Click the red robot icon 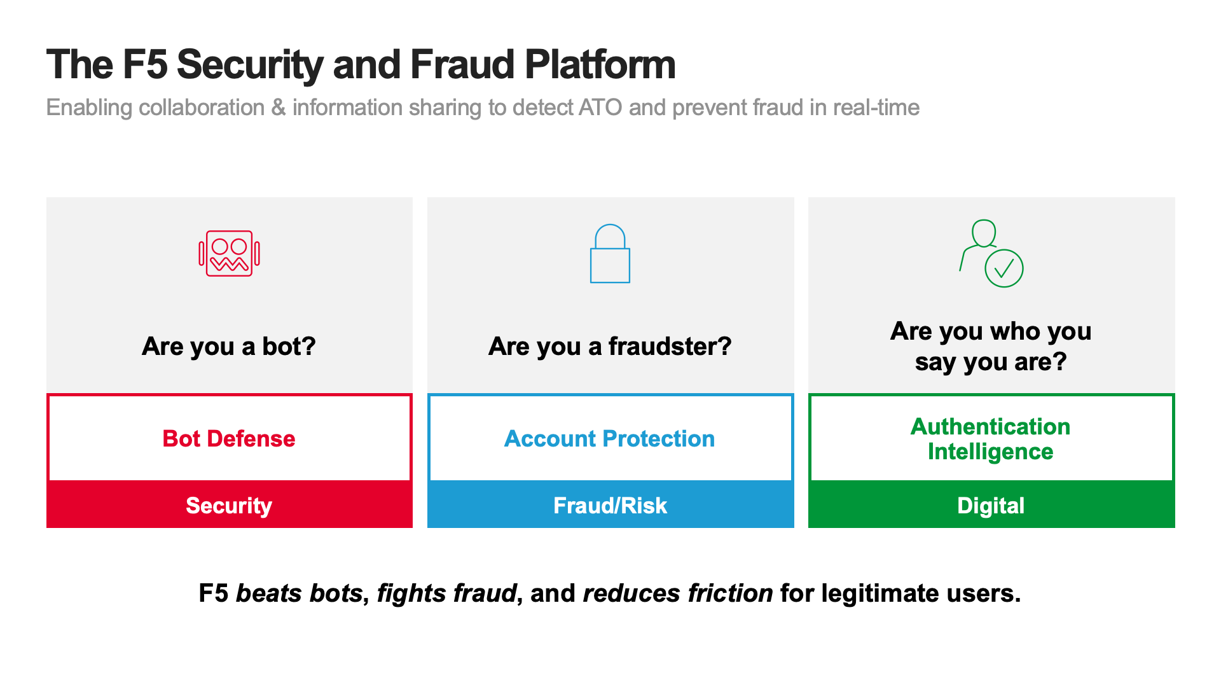point(229,253)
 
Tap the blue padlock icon point(610,253)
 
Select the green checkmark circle point(1004,268)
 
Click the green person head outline point(984,233)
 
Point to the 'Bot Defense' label point(229,438)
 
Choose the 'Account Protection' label point(610,438)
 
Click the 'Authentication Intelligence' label point(991,438)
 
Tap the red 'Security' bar point(230,504)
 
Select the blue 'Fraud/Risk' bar point(610,504)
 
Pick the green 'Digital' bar point(991,504)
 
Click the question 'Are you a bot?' point(229,347)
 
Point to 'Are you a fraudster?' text point(610,347)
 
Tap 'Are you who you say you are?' point(991,347)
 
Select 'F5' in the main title point(145,65)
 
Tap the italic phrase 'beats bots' point(300,593)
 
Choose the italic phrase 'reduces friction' point(678,593)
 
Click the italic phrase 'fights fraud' point(447,593)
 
